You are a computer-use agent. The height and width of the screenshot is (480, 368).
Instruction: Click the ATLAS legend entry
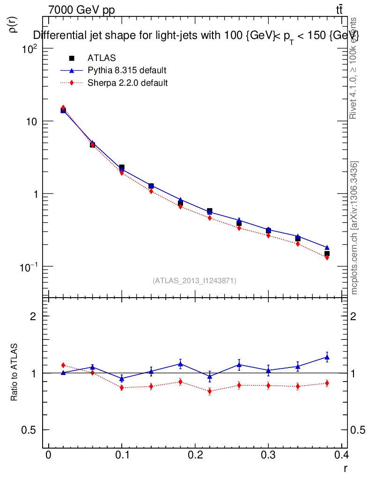[x=101, y=58]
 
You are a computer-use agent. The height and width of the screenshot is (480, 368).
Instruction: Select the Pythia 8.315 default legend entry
[x=127, y=70]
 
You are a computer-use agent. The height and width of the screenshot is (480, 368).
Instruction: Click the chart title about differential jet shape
[x=195, y=36]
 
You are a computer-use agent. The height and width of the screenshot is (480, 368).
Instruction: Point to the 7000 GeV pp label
[x=81, y=10]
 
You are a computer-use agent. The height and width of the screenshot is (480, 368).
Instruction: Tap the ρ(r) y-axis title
[x=14, y=25]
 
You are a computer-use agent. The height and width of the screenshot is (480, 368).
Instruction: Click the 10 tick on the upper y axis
[x=31, y=121]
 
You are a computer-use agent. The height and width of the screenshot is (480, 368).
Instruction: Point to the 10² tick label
[x=29, y=49]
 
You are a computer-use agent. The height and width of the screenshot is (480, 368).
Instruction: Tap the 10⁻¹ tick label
[x=28, y=266]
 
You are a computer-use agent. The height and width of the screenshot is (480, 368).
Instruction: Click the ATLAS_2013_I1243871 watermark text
[x=194, y=281]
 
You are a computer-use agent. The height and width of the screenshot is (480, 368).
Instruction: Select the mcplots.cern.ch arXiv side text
[x=354, y=228]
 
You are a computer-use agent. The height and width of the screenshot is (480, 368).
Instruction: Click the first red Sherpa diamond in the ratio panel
[x=63, y=365]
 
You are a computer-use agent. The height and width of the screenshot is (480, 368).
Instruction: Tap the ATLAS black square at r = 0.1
[x=122, y=167]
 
